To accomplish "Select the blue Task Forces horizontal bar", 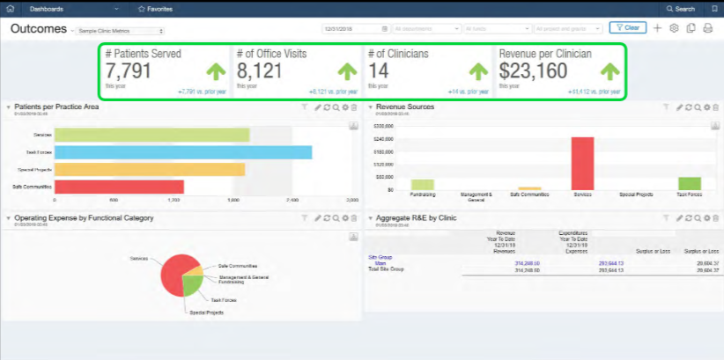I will coord(182,152).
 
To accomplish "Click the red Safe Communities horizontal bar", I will coord(119,187).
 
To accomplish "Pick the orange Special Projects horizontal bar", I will coord(149,169).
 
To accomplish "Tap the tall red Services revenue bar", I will coord(582,163).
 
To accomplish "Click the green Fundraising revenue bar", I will coord(422,185).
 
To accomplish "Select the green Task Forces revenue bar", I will coord(689,183).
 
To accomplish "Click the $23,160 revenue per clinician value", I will coord(533,71).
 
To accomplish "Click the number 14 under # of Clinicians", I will coord(378,71).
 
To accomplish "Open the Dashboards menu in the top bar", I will coord(49,8).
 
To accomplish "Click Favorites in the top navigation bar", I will coord(159,8).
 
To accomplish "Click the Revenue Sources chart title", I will coord(404,107).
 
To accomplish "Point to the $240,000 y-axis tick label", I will coord(383,139).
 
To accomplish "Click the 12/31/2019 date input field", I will coord(352,28).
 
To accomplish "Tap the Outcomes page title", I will coord(39,28).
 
